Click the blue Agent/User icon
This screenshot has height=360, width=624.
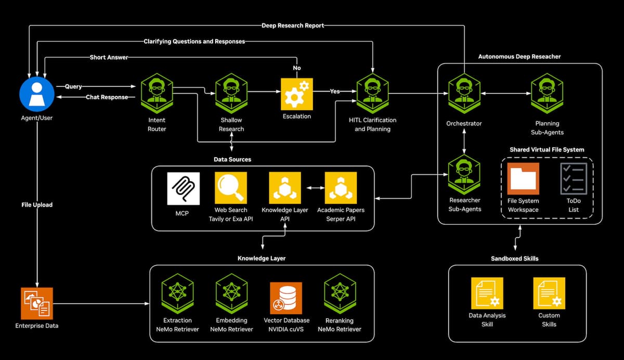37,94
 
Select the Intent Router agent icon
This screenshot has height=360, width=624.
157,93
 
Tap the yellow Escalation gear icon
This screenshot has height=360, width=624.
297,94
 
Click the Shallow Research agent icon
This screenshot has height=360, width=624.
231,93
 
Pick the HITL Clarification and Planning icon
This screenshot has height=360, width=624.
372,93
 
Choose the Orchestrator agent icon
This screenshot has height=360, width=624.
464,93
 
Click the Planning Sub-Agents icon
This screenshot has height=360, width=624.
547,93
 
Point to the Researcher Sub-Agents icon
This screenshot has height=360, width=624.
464,175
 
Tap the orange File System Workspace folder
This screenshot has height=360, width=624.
523,178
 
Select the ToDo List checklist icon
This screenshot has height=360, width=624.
574,178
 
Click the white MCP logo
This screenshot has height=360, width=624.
183,189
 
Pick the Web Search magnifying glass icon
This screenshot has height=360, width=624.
231,188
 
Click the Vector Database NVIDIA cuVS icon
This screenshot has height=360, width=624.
286,298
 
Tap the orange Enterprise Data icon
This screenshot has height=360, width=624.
37,303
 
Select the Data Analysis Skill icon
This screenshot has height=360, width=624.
487,293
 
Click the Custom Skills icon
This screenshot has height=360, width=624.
549,293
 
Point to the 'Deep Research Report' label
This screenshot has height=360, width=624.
293,25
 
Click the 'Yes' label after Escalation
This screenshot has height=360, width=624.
334,91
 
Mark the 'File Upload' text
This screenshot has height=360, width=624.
37,205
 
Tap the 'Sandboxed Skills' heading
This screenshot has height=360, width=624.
514,259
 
